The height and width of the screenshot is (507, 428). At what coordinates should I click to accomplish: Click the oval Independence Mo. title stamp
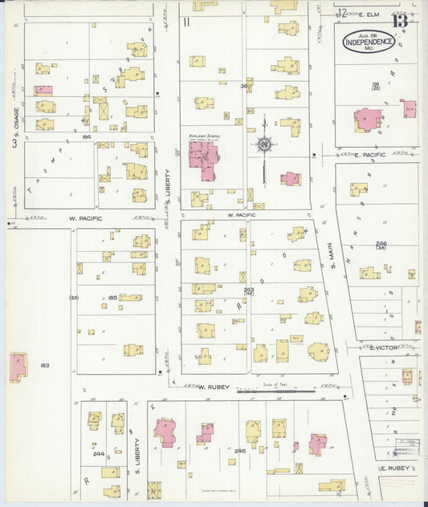(x=369, y=42)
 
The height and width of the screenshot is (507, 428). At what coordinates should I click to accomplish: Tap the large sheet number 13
(x=399, y=20)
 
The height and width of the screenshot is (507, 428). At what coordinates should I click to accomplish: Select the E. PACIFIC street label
(x=369, y=155)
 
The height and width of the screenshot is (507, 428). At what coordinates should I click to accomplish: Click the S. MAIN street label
(x=330, y=255)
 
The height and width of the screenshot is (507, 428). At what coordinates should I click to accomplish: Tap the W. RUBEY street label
(x=214, y=387)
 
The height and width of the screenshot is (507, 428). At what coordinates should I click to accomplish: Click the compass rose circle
(x=264, y=145)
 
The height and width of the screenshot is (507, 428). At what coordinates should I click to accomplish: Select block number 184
(x=87, y=138)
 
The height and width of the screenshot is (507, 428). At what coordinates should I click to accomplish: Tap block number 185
(x=112, y=298)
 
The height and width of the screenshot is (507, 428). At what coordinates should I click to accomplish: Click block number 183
(x=45, y=365)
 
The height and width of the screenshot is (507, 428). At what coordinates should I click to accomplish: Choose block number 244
(x=98, y=453)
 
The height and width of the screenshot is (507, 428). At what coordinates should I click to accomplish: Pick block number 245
(x=239, y=451)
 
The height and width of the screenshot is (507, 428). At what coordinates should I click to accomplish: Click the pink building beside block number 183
(x=17, y=367)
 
